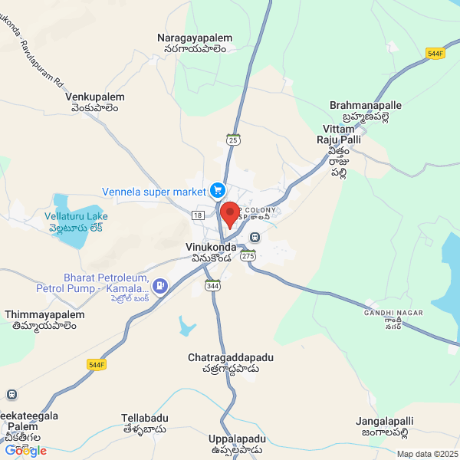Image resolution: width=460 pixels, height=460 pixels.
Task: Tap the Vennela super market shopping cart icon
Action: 217,189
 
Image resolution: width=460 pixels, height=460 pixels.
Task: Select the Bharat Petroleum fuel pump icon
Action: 160,287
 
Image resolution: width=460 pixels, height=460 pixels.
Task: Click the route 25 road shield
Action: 234,140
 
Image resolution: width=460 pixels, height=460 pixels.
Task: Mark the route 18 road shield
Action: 198,216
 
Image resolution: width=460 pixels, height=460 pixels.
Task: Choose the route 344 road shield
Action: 212,285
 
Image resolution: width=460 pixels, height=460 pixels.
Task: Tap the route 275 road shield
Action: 247,256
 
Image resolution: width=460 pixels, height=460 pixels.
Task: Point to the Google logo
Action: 25,451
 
